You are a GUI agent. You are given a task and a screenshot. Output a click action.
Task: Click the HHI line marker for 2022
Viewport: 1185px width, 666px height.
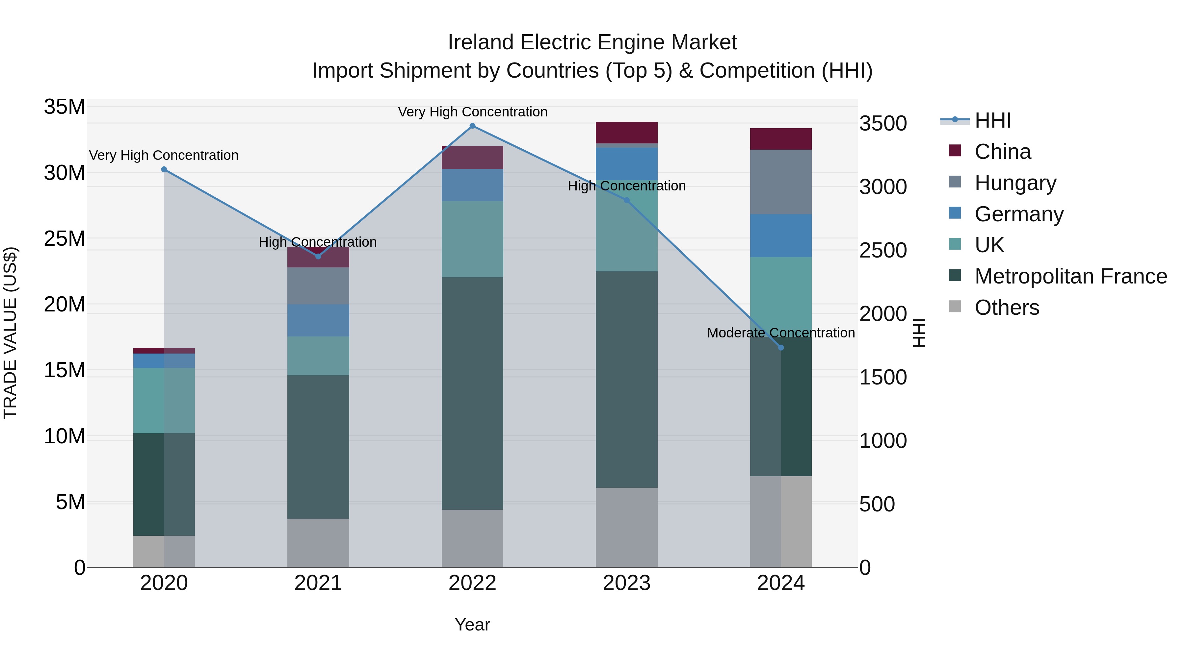(x=472, y=126)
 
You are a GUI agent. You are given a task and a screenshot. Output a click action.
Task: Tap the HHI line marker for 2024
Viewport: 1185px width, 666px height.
(x=781, y=348)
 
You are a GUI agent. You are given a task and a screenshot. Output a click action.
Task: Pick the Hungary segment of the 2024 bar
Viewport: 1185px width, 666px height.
(x=781, y=182)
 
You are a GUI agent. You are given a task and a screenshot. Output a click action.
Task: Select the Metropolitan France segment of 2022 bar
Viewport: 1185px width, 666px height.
(x=472, y=393)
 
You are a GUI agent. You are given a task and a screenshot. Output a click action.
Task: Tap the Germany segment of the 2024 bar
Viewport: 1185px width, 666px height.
(x=781, y=235)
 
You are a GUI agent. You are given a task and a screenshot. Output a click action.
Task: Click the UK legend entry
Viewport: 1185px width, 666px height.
(x=989, y=245)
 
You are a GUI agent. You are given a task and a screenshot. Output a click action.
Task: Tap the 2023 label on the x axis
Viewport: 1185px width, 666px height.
(x=626, y=583)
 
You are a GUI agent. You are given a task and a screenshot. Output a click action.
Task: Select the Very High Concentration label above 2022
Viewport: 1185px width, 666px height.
(x=472, y=112)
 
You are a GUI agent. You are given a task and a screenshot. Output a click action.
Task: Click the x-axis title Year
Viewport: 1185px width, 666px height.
(x=472, y=625)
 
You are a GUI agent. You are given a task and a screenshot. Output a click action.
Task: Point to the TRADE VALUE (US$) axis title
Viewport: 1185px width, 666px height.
(x=10, y=333)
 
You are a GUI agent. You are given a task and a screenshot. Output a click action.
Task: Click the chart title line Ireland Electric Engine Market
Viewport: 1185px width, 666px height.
(x=592, y=42)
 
